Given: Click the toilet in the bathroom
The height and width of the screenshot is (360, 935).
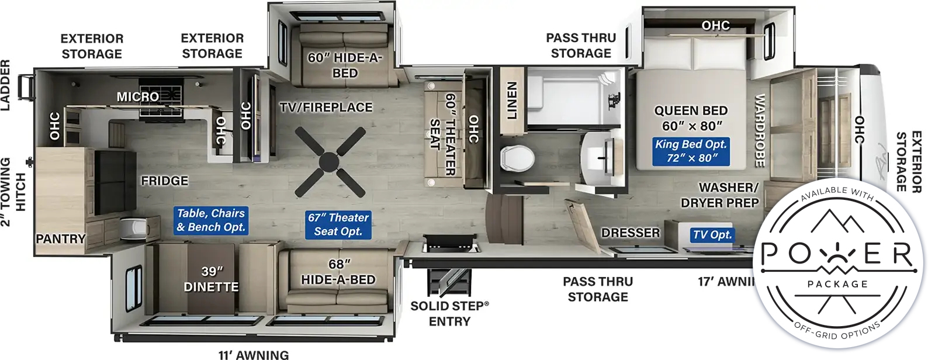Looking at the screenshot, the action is pos(517,158).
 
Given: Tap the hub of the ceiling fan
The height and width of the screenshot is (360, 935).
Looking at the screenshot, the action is pos(329,162).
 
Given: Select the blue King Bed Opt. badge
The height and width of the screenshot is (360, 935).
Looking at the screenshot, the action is pos(691,151).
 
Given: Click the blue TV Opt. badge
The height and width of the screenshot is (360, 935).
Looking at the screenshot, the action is pos(712,235).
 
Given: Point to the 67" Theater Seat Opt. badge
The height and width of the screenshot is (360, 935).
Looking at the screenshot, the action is pos(338,224).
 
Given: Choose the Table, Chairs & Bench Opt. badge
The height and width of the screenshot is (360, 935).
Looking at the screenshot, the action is pos(211,220).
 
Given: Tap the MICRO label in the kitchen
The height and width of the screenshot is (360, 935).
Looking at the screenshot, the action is pos(138,97).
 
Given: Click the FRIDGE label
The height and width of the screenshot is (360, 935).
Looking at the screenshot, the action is pos(164,181).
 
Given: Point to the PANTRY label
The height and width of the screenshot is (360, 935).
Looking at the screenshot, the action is pos(61,239).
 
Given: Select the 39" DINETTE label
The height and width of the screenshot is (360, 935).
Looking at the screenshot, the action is pos(211,279).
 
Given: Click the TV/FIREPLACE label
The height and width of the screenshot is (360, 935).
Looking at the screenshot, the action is pos(326,108).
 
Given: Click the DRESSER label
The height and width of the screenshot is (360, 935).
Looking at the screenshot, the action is pos(631,233).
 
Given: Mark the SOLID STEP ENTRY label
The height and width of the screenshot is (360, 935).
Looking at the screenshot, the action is pos(449,314).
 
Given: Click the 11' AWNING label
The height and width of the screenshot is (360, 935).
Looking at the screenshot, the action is pos(254,355).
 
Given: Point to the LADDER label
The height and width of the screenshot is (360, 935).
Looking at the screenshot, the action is pos(5,85).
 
